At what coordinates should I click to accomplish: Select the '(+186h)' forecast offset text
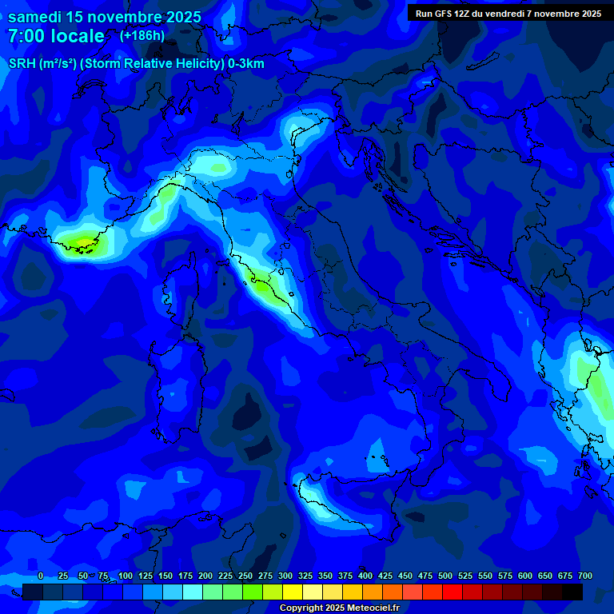[x=142, y=36]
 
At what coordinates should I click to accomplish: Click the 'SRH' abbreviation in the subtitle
[x=22, y=64]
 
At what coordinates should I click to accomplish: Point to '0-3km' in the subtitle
[x=246, y=64]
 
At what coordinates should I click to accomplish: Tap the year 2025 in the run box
[x=588, y=14]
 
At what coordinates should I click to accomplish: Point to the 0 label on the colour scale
[x=41, y=576]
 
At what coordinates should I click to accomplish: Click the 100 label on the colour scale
[x=126, y=576]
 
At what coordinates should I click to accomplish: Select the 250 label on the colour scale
[x=245, y=576]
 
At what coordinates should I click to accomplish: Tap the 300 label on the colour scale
[x=285, y=576]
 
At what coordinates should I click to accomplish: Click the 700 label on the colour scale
[x=585, y=576]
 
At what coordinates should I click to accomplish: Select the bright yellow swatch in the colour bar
[x=293, y=592]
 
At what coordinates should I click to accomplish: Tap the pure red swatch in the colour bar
[x=453, y=592]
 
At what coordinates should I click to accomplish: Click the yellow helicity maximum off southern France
[x=82, y=241]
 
